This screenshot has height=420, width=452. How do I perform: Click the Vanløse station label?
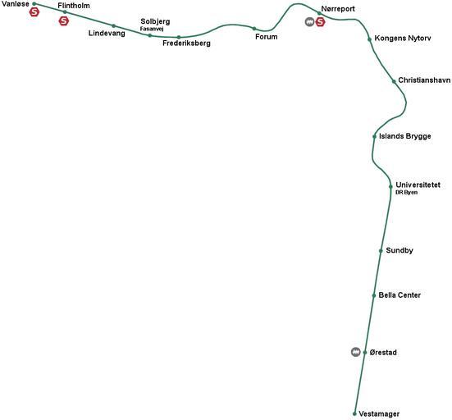pyautogui.click(x=16, y=4)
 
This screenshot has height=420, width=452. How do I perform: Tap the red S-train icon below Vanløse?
pyautogui.click(x=34, y=12)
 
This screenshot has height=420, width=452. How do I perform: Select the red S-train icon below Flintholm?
pyautogui.click(x=64, y=21)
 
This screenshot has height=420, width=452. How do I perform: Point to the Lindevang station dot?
pyautogui.click(x=113, y=26)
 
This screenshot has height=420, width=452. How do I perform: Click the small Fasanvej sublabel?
pyautogui.click(x=152, y=29)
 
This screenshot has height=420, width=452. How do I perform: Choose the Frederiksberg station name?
pyautogui.click(x=186, y=43)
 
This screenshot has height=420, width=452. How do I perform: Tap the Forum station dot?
pyautogui.click(x=254, y=29)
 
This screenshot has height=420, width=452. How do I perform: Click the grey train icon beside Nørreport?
pyautogui.click(x=309, y=21)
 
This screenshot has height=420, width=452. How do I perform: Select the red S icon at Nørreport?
pyautogui.click(x=320, y=21)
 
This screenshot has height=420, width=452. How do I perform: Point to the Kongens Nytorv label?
pyautogui.click(x=403, y=39)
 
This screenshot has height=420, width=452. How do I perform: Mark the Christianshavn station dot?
pyautogui.click(x=394, y=81)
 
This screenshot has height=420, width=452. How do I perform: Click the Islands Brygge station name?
pyautogui.click(x=405, y=136)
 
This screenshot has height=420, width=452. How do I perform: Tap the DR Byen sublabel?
pyautogui.click(x=406, y=192)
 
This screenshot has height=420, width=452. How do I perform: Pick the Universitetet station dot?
pyautogui.click(x=390, y=186)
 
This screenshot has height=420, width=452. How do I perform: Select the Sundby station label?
pyautogui.click(x=399, y=250)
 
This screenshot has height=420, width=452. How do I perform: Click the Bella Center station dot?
pyautogui.click(x=374, y=295)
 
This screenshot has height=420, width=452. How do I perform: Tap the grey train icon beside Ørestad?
pyautogui.click(x=356, y=352)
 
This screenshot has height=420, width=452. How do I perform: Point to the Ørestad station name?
pyautogui.click(x=383, y=352)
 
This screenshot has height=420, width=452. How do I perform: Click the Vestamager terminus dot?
pyautogui.click(x=354, y=413)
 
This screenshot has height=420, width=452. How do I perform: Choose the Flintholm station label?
pyautogui.click(x=74, y=6)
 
